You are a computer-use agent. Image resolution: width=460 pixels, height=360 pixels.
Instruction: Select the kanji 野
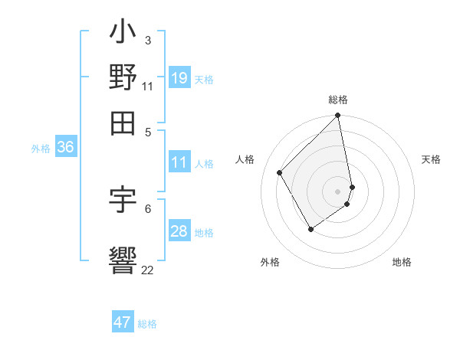(x=123, y=78)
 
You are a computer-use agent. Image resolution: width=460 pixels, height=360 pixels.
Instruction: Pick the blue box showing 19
(x=179, y=77)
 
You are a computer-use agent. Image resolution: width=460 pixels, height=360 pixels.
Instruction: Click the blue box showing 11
(x=179, y=162)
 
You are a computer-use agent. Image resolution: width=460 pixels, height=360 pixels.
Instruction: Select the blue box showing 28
(x=179, y=231)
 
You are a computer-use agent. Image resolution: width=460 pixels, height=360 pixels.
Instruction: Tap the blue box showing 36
(x=65, y=148)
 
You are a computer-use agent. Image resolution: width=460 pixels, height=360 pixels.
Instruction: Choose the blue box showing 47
(x=123, y=322)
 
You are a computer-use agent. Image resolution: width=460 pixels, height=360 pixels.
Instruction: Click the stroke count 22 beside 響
(x=147, y=270)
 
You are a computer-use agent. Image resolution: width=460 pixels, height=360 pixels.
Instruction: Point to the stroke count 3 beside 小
(x=147, y=40)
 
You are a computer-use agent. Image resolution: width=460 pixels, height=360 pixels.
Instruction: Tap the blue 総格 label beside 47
(x=147, y=324)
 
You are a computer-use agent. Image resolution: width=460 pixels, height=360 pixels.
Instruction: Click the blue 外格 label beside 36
(x=41, y=149)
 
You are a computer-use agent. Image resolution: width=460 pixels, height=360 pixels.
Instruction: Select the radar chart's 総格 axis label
(x=338, y=100)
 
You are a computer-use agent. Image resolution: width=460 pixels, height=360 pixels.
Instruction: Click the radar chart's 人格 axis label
(x=245, y=159)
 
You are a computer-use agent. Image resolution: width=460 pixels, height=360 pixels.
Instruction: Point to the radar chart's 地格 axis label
(x=402, y=262)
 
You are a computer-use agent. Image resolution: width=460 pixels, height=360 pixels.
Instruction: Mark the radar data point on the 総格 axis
(x=337, y=116)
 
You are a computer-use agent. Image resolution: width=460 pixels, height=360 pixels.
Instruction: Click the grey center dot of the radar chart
(x=337, y=190)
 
